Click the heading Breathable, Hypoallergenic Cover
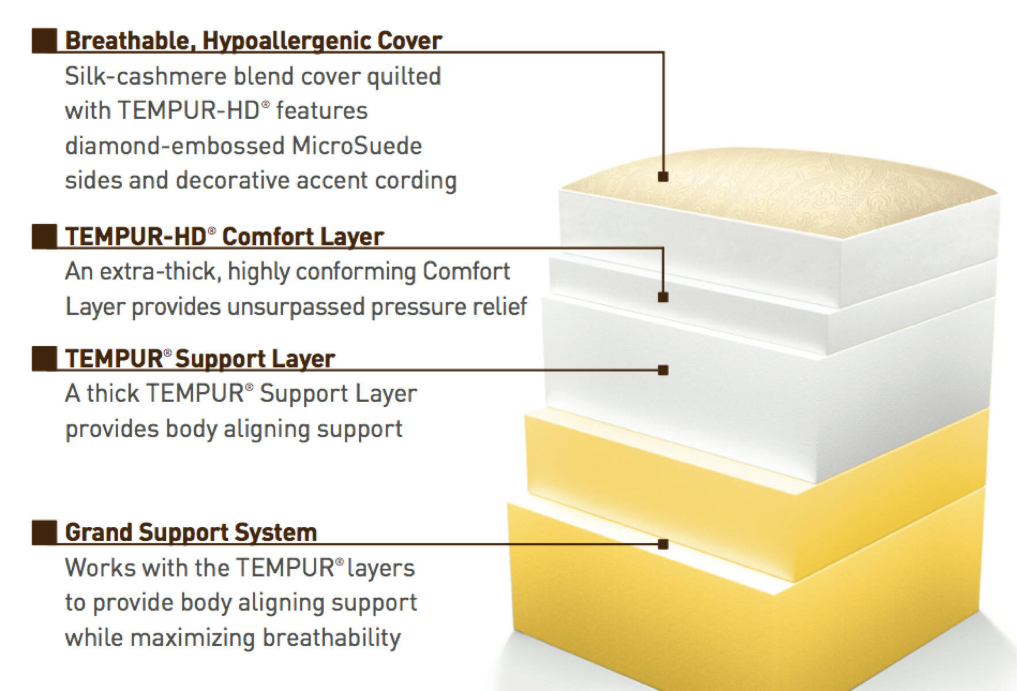point(253,41)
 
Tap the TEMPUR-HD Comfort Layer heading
point(225,237)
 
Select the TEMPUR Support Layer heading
point(200,359)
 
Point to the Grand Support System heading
point(191,532)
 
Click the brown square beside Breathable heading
point(44,41)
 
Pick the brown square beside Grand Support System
point(44,533)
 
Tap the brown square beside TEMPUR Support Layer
point(44,359)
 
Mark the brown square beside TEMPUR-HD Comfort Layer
point(44,237)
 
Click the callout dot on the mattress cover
point(663,177)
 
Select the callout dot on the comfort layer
point(663,297)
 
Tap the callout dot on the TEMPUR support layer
point(663,370)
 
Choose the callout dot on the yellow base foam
point(663,544)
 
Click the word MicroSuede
point(357,146)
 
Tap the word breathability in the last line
point(332,638)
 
